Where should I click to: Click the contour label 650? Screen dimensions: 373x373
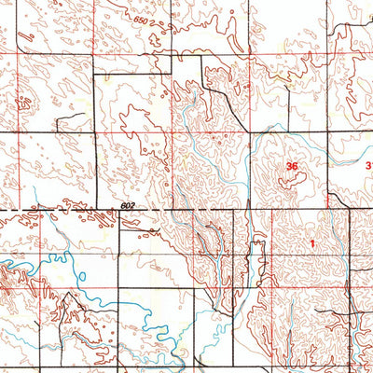[141, 21]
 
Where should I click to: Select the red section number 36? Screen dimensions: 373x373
[292, 167]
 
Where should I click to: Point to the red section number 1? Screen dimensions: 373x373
[312, 243]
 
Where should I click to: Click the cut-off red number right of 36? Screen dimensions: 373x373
[368, 167]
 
